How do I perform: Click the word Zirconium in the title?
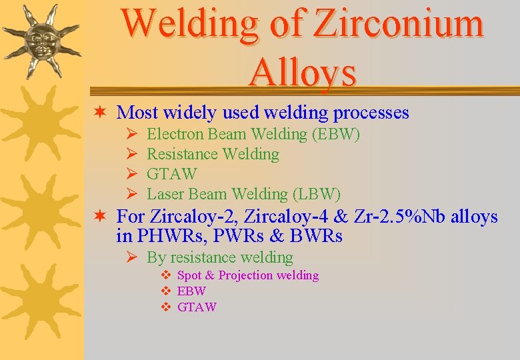click(399, 24)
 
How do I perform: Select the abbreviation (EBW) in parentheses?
click(335, 134)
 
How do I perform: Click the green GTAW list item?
click(171, 174)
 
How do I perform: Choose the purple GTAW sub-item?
click(197, 307)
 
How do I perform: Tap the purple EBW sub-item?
click(191, 291)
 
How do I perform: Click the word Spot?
click(190, 275)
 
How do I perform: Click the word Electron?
click(175, 134)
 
